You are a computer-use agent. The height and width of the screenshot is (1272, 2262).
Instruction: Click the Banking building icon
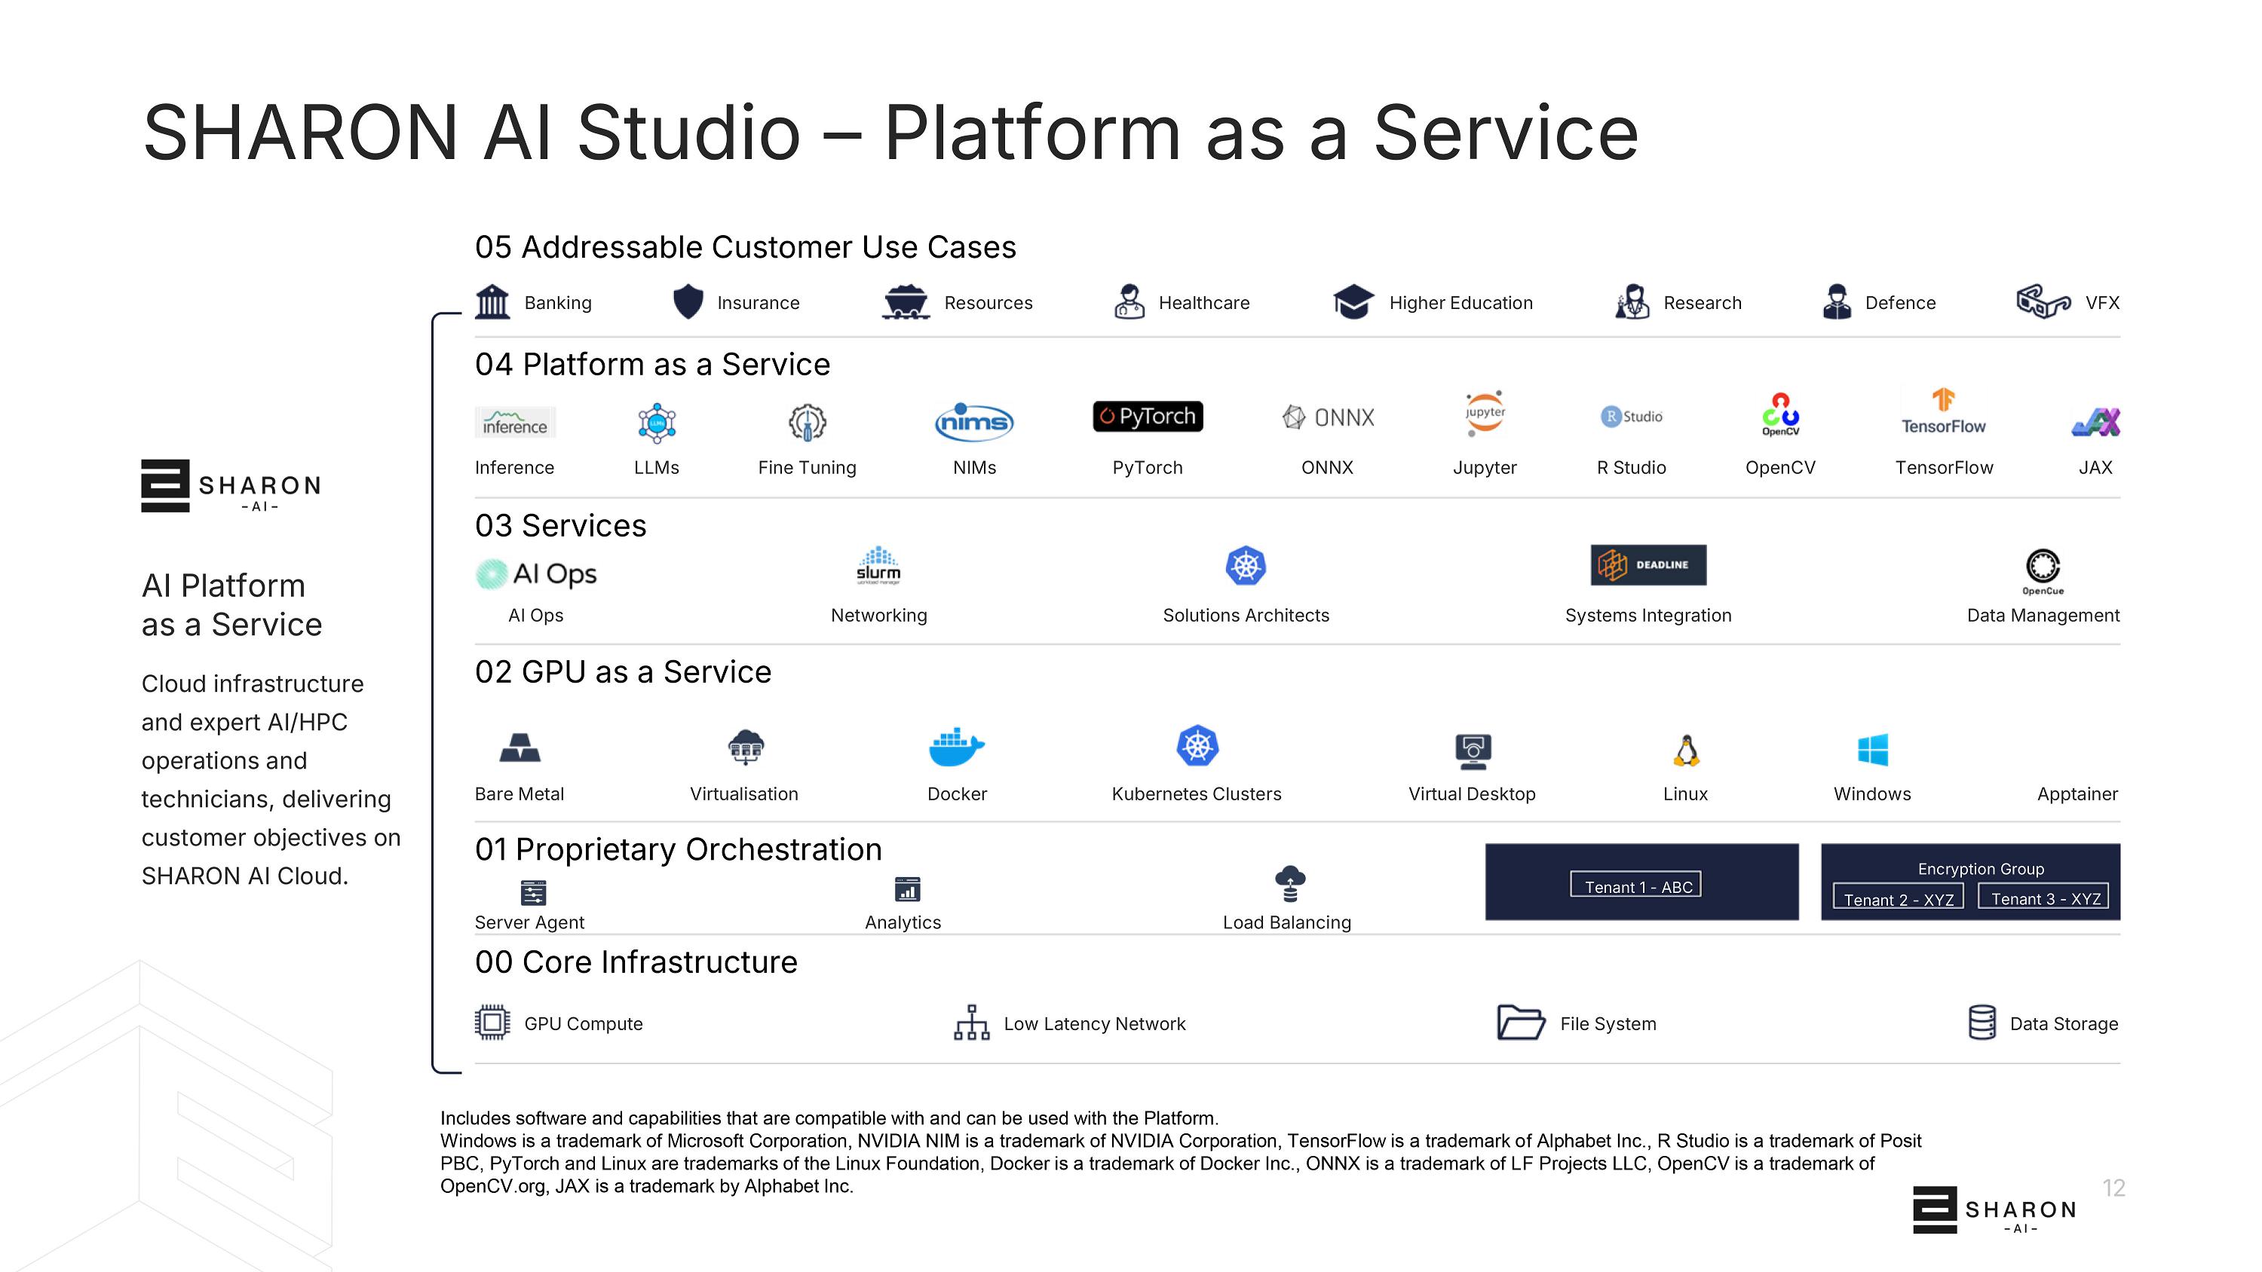[492, 302]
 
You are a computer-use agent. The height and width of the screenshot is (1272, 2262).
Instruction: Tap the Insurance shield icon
[688, 302]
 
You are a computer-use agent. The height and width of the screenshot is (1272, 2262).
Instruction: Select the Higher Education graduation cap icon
[1353, 302]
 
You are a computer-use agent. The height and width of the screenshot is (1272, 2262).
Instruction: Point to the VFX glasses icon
[2043, 301]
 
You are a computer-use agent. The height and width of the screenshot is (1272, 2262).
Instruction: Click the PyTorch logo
[1148, 416]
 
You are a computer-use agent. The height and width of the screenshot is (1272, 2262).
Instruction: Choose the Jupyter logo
[1485, 413]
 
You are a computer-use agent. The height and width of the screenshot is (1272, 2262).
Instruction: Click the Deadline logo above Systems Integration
[1648, 565]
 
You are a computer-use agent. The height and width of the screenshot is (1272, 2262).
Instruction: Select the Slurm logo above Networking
[878, 565]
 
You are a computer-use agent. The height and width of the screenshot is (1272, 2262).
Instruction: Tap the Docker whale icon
[956, 747]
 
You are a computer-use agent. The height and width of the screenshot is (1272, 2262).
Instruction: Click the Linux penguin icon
[1686, 751]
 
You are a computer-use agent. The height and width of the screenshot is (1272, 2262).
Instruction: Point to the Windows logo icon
[1873, 751]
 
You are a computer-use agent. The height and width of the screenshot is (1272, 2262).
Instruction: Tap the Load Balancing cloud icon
[1289, 883]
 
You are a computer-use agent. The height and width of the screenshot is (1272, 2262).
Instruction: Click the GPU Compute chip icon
[492, 1023]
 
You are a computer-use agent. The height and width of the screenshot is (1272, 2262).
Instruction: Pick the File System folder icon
[1521, 1023]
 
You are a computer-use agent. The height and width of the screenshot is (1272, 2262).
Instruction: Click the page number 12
[2113, 1188]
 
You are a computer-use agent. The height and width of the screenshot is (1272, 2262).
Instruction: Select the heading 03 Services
[560, 526]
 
